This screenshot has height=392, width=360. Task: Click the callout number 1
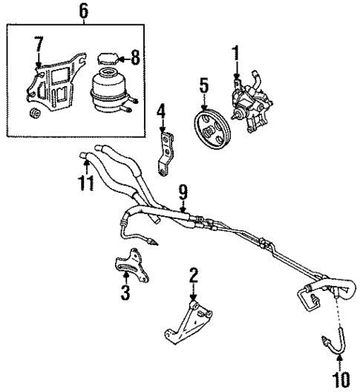point(237,53)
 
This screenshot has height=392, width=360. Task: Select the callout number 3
point(125,293)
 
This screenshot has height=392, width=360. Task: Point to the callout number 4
point(160,113)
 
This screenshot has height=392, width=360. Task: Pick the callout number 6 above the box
point(83,11)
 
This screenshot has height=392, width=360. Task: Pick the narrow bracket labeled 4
point(164,152)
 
